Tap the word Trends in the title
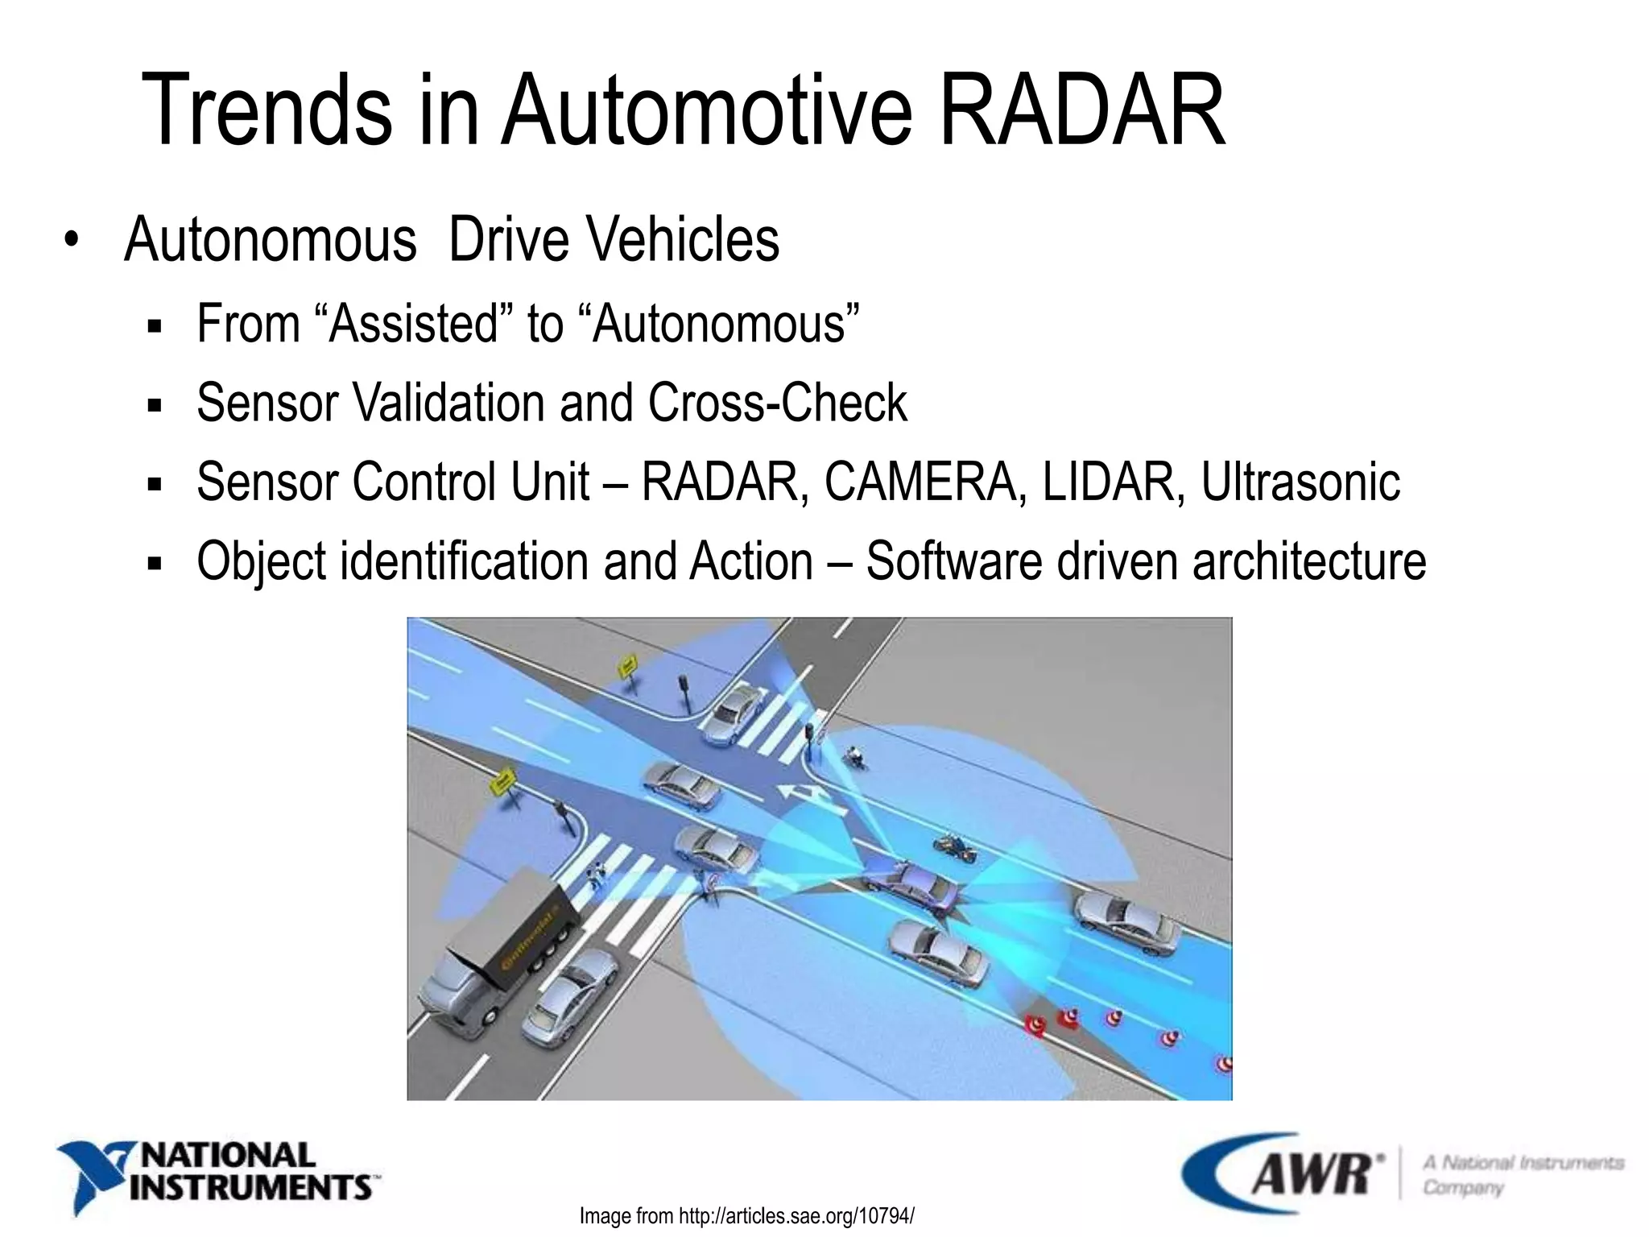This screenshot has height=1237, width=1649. (267, 110)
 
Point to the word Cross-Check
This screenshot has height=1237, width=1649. (777, 403)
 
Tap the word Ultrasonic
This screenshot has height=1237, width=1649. (1300, 482)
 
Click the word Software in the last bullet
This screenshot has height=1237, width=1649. (953, 561)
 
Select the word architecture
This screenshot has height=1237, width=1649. (1309, 561)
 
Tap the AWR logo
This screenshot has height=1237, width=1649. (1283, 1172)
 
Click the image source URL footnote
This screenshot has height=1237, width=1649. (746, 1215)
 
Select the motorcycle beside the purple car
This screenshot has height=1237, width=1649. (955, 847)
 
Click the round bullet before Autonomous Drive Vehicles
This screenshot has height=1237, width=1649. (72, 239)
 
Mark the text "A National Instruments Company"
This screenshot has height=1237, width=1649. (1522, 1174)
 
